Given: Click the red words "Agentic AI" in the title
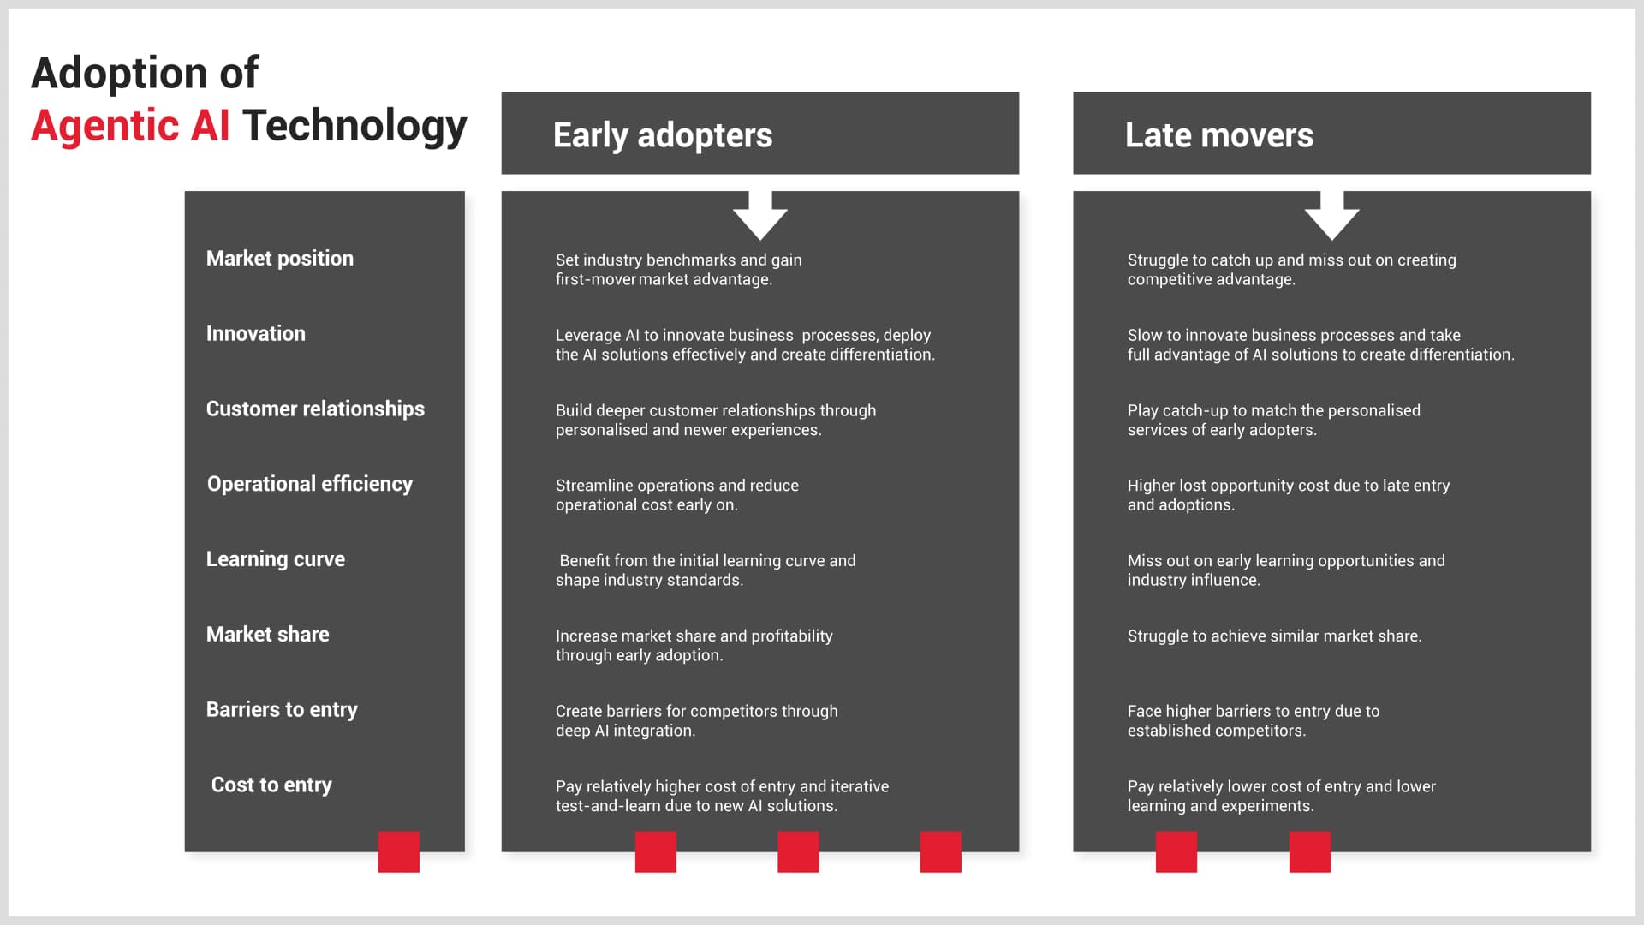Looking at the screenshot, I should (x=130, y=126).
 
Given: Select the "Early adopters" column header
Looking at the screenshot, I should (x=662, y=135).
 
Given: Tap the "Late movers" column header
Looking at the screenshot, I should (x=1218, y=135).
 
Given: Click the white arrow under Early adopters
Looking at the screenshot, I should (x=759, y=216).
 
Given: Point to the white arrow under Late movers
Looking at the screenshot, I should (x=1331, y=216).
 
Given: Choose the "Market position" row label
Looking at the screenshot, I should (x=279, y=259).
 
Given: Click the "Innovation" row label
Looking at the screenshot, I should (x=255, y=334).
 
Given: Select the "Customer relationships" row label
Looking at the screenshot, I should (x=315, y=409).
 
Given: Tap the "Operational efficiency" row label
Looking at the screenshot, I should (x=309, y=484).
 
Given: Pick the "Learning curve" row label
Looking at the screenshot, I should (x=275, y=559).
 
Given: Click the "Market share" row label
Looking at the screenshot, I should (x=267, y=635).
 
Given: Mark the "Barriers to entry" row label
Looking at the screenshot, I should (x=282, y=710).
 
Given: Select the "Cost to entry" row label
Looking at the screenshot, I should (x=271, y=785).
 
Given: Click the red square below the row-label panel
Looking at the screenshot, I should (x=398, y=851).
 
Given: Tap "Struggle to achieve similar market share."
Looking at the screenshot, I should (x=1274, y=636).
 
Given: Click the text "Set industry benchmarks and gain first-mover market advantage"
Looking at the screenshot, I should (x=678, y=270).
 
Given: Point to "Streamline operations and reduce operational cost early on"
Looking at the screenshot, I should (x=676, y=495).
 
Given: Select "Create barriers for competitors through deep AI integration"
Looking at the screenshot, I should (x=696, y=721).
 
